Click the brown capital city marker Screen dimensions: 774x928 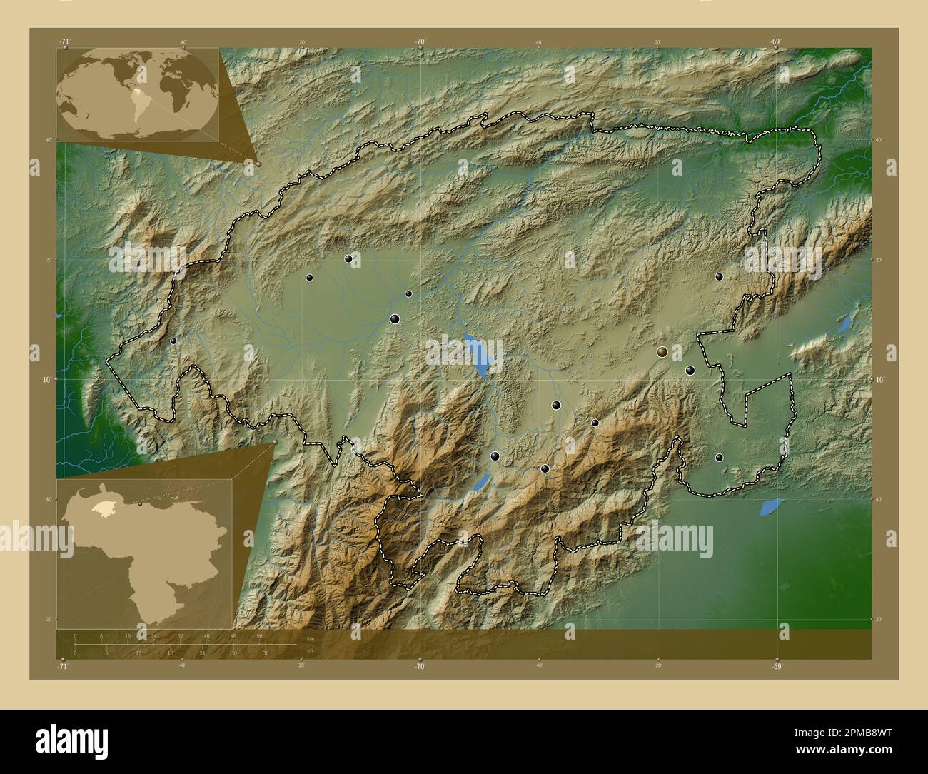click(x=662, y=351)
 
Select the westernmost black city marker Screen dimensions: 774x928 click(x=173, y=341)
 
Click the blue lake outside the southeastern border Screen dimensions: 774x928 click(x=771, y=507)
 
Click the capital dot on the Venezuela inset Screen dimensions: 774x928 click(x=141, y=504)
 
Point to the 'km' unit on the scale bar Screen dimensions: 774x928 click(x=309, y=638)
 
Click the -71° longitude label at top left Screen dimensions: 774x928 click(x=65, y=41)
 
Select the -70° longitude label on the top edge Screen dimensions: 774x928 click(x=420, y=41)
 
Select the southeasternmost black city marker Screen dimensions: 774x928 click(x=719, y=457)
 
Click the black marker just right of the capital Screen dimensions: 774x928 click(x=690, y=370)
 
